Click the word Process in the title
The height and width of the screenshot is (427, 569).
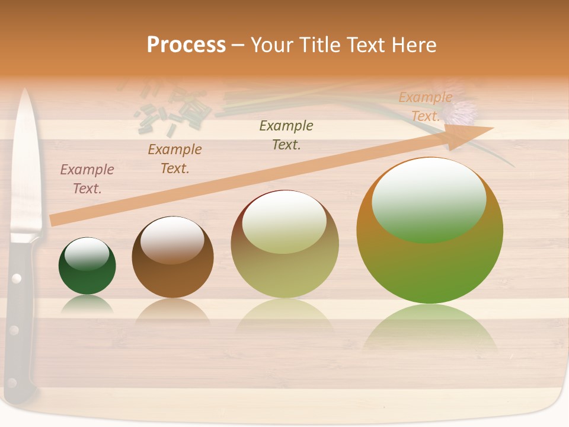tap(186, 44)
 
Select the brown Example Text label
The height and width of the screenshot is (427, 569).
tap(175, 159)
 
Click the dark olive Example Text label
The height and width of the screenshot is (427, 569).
tap(286, 135)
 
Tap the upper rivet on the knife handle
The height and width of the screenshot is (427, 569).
tap(17, 278)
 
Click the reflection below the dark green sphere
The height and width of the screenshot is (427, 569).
tap(87, 305)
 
